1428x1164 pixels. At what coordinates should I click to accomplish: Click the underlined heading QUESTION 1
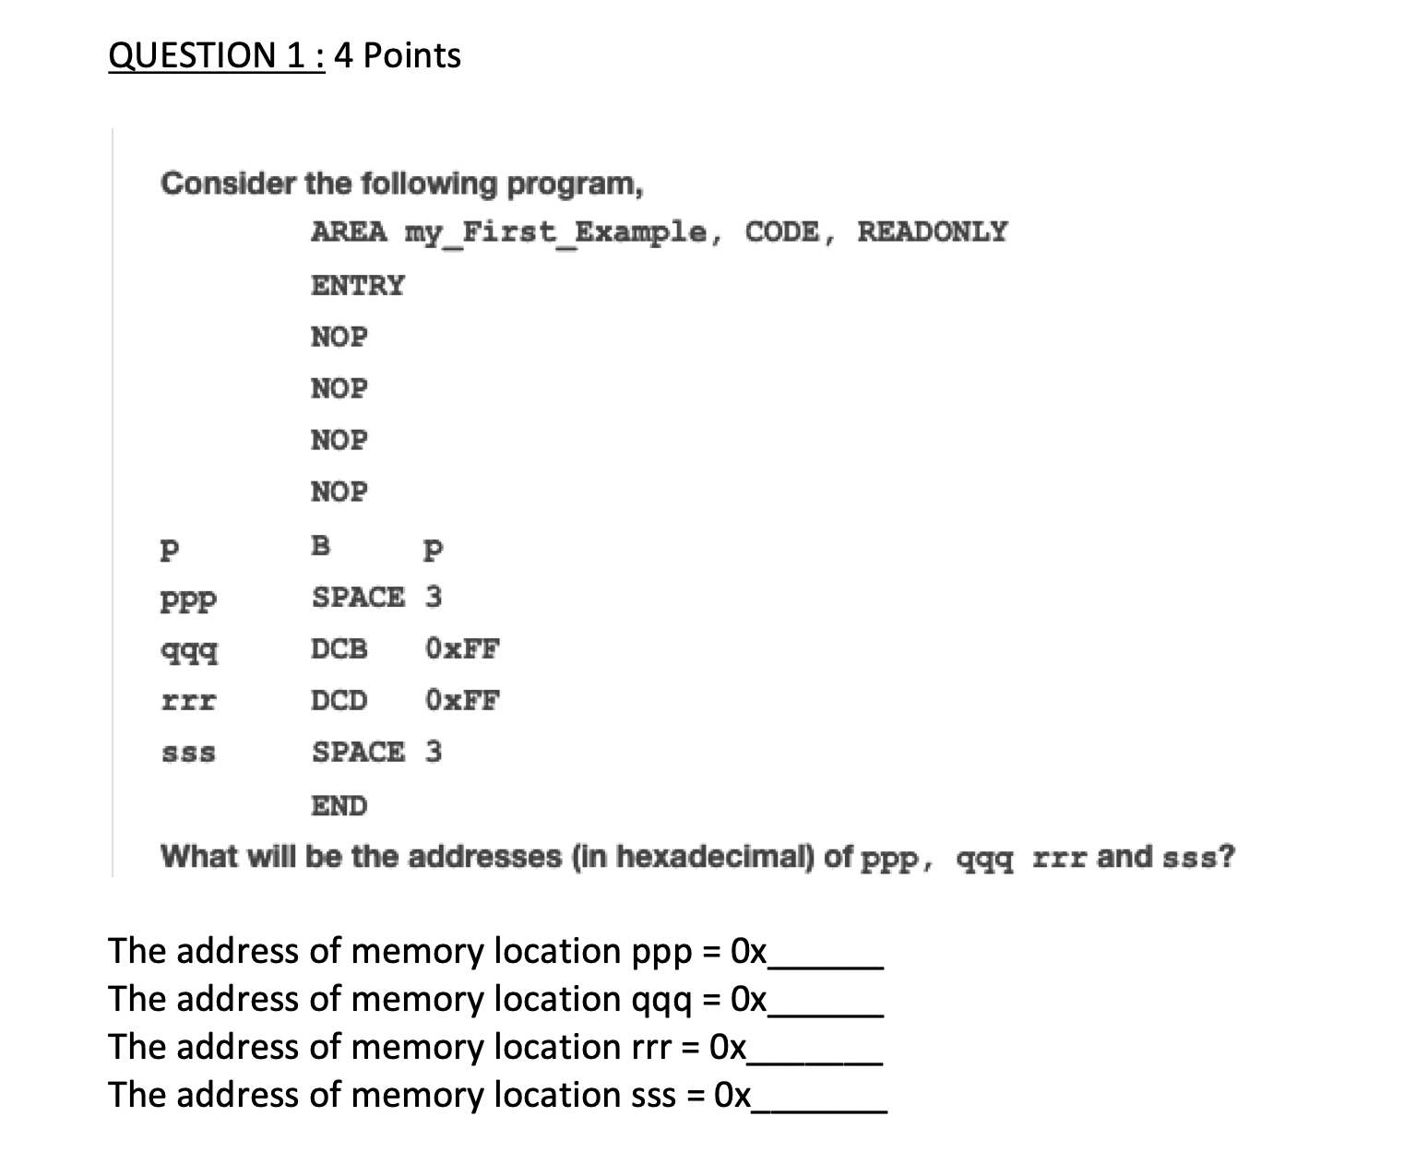[x=216, y=56]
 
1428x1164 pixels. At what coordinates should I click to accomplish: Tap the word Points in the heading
[x=411, y=56]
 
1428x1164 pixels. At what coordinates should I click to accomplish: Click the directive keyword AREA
[x=349, y=231]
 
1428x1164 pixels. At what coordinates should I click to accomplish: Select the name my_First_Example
[x=557, y=231]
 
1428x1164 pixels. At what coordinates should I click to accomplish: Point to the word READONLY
[x=932, y=231]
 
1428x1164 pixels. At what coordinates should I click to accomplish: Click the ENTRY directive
[x=357, y=285]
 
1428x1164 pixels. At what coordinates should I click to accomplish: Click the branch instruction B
[x=320, y=546]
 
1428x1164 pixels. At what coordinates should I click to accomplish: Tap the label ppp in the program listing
[x=188, y=601]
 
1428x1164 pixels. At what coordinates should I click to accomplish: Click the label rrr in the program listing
[x=188, y=701]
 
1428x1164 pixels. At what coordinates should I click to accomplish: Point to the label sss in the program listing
[x=188, y=754]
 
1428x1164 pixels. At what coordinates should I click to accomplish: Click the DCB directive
[x=339, y=649]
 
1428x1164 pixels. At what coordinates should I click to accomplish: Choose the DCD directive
[x=339, y=701]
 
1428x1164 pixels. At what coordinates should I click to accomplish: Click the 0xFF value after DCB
[x=462, y=649]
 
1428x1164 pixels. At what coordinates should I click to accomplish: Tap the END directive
[x=339, y=806]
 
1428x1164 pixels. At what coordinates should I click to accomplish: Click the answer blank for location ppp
[x=826, y=954]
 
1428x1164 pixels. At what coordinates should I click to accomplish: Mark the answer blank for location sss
[x=819, y=1098]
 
